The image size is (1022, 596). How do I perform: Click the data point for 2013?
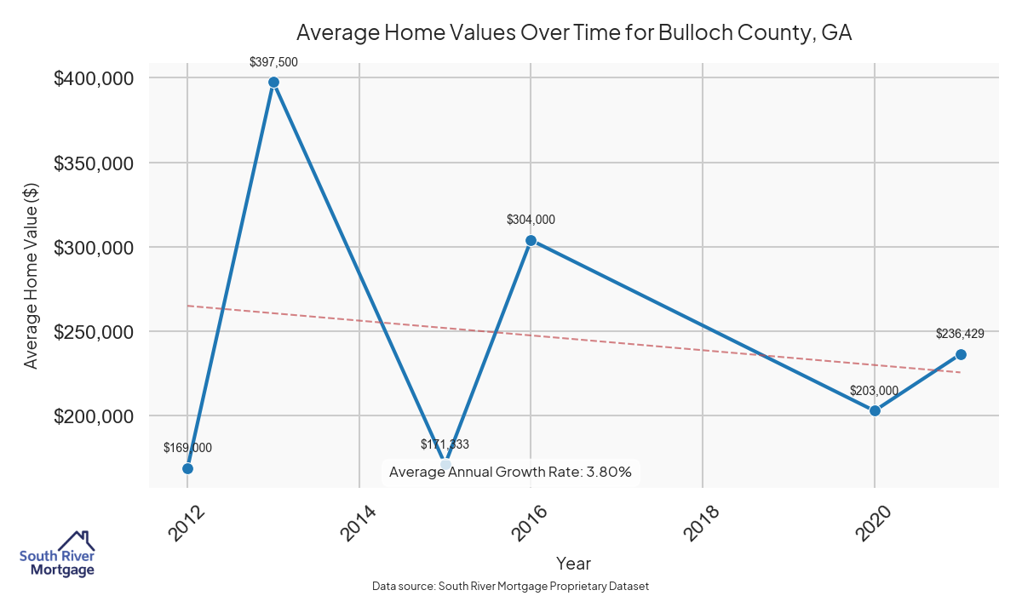(x=273, y=83)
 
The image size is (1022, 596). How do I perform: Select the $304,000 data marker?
(x=531, y=240)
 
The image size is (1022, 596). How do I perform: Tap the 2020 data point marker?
(x=875, y=410)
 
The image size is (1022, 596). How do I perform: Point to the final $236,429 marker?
(x=961, y=354)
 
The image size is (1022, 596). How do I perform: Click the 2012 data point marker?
(x=187, y=468)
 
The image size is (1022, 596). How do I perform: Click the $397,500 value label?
(x=273, y=62)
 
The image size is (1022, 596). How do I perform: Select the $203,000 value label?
(x=875, y=391)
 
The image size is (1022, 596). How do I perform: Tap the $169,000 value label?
(x=187, y=448)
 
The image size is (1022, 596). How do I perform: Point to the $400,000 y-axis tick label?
(x=94, y=78)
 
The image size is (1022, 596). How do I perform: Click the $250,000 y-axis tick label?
(x=94, y=331)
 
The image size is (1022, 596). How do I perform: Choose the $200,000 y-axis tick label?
(x=94, y=416)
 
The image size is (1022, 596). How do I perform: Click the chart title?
(x=573, y=33)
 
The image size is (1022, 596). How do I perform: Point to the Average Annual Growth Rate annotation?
(x=510, y=472)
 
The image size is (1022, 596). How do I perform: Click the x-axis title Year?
(x=573, y=563)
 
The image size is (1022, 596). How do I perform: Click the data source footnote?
(x=510, y=587)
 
